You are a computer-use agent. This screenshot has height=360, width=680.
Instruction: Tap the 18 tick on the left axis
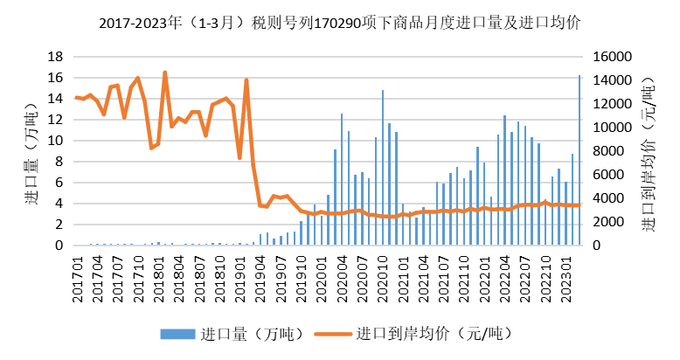54,57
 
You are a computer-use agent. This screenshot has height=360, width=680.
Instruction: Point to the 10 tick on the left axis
54,141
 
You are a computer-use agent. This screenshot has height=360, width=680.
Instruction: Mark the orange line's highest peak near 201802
165,73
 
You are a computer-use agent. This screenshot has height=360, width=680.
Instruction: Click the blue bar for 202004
342,179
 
